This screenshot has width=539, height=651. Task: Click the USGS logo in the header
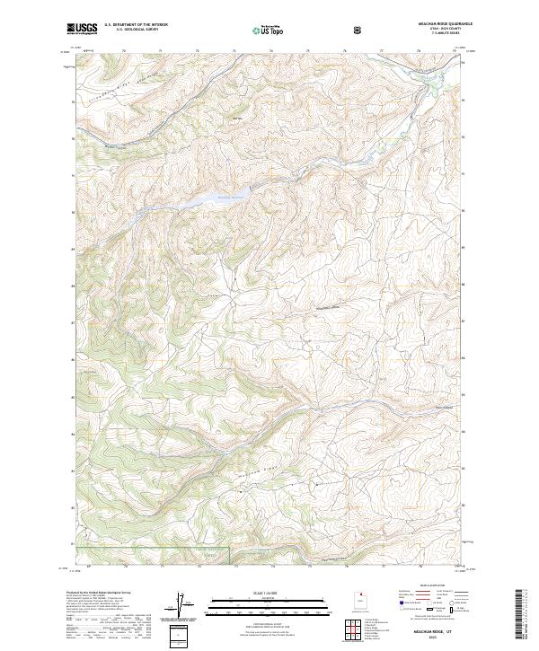click(83, 28)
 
